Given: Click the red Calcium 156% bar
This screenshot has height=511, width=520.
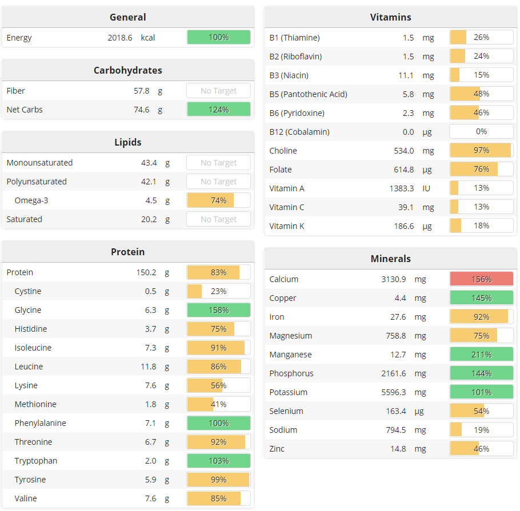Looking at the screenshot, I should click(x=481, y=279).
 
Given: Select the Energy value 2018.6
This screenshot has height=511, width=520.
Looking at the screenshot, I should click(x=120, y=38).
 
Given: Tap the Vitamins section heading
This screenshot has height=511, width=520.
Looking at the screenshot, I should click(x=390, y=17).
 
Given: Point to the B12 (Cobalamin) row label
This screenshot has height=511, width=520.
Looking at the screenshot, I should click(x=299, y=132).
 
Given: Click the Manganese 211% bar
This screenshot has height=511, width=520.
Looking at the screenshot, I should click(x=481, y=355).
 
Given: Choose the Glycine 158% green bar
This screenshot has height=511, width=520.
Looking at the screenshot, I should click(x=218, y=310).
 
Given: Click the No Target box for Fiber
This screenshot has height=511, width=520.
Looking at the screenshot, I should click(x=218, y=91).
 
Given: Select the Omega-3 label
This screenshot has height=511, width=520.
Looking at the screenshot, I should click(x=31, y=200).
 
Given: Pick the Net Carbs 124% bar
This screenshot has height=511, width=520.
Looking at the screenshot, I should click(x=218, y=110).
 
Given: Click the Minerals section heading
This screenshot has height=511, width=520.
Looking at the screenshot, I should click(x=390, y=259).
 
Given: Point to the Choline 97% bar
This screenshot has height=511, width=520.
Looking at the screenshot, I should click(x=481, y=151).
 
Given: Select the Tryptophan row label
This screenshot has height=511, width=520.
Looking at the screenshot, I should click(x=36, y=461).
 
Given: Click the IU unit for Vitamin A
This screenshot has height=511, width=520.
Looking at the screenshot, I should click(x=426, y=188).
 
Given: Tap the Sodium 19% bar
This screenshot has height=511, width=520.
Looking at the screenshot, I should click(x=481, y=430).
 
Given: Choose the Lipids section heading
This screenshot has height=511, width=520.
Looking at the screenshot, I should click(x=127, y=142).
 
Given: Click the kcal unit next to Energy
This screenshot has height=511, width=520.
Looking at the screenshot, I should click(x=148, y=38).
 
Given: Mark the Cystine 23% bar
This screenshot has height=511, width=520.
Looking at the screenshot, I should click(x=218, y=291).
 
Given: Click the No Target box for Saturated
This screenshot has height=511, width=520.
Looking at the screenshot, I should click(x=218, y=219).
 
